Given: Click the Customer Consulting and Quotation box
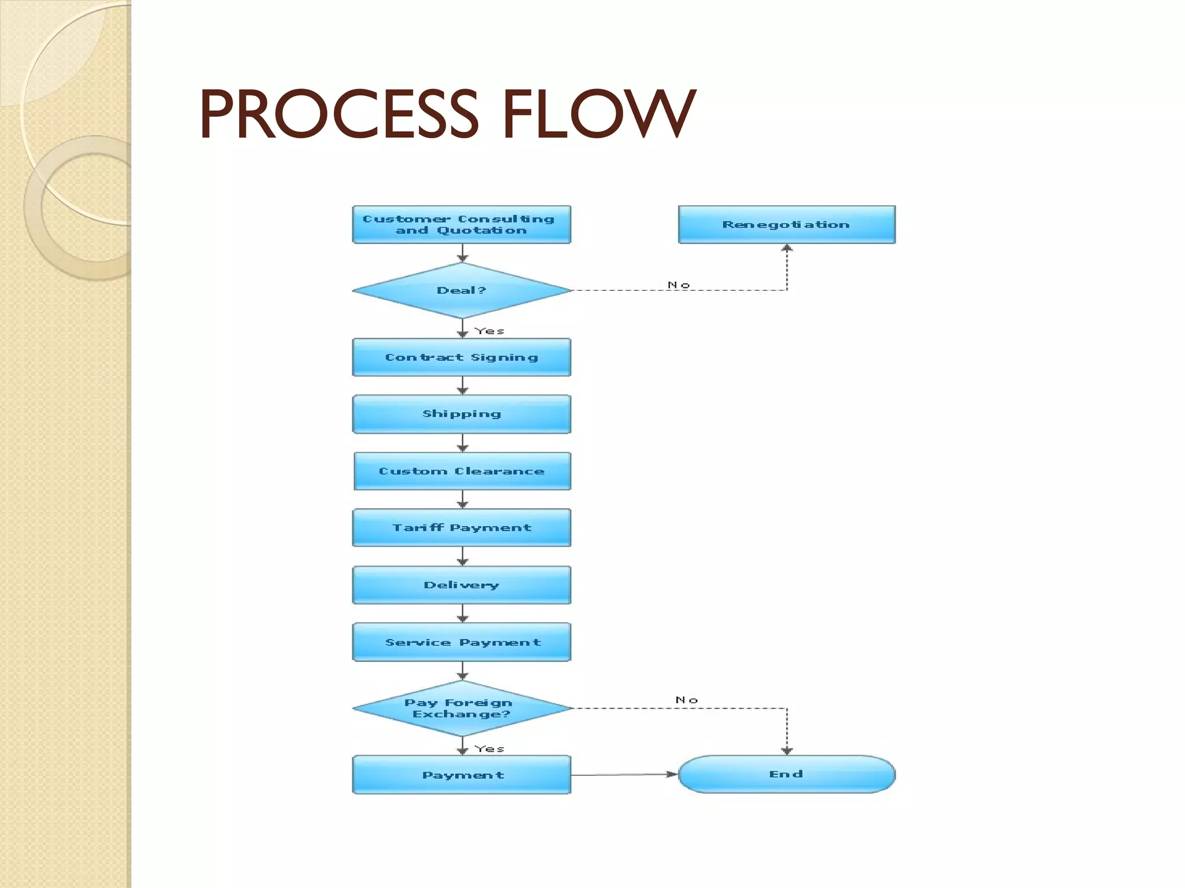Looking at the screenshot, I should [x=461, y=224].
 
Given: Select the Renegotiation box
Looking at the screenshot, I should [x=786, y=224].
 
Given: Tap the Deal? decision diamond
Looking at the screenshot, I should [x=461, y=290].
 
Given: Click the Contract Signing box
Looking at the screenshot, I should [x=461, y=357].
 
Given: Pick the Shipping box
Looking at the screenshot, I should [x=461, y=414].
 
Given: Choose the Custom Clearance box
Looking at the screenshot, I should [x=461, y=471].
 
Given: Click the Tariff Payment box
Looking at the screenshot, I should [x=461, y=527].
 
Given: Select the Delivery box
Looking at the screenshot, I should [x=461, y=585].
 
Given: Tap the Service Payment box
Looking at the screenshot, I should [x=461, y=642].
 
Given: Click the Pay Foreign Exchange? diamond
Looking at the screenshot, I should [x=461, y=708].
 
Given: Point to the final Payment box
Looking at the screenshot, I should [x=461, y=775].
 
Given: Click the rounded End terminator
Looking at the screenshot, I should [x=786, y=774].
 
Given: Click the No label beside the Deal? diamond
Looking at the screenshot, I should [x=679, y=285].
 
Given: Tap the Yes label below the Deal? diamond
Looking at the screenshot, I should [x=490, y=331].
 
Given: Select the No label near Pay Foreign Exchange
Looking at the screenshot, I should [x=687, y=700].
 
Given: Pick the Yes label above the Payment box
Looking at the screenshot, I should [x=490, y=749].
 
